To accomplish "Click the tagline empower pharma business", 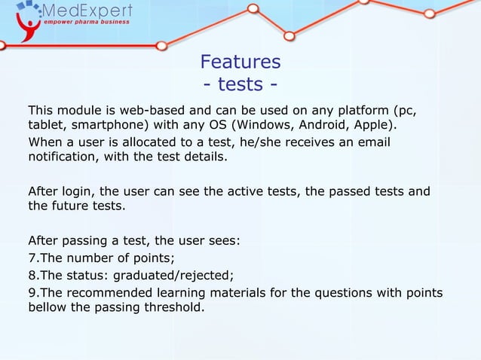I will pos(86,23).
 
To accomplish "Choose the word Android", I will pos(322,125).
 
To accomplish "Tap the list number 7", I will pos(32,258).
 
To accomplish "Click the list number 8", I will pos(32,275).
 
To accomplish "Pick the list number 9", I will pos(32,292).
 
